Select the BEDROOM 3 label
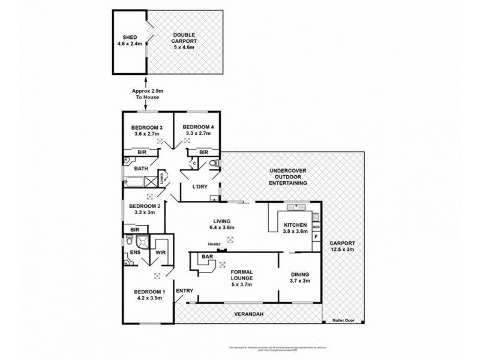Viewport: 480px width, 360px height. (x=146, y=127)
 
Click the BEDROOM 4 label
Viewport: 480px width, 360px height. (x=199, y=127)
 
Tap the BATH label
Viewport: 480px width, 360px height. (x=141, y=169)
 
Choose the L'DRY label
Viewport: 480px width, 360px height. (x=199, y=187)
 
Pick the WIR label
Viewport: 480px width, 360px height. (x=160, y=253)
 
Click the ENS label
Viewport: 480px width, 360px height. (x=135, y=253)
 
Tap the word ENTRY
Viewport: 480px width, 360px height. (x=184, y=291)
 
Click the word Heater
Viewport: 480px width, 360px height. (x=214, y=244)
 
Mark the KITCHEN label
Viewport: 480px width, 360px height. (x=295, y=226)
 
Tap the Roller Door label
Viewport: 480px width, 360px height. (x=344, y=320)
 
